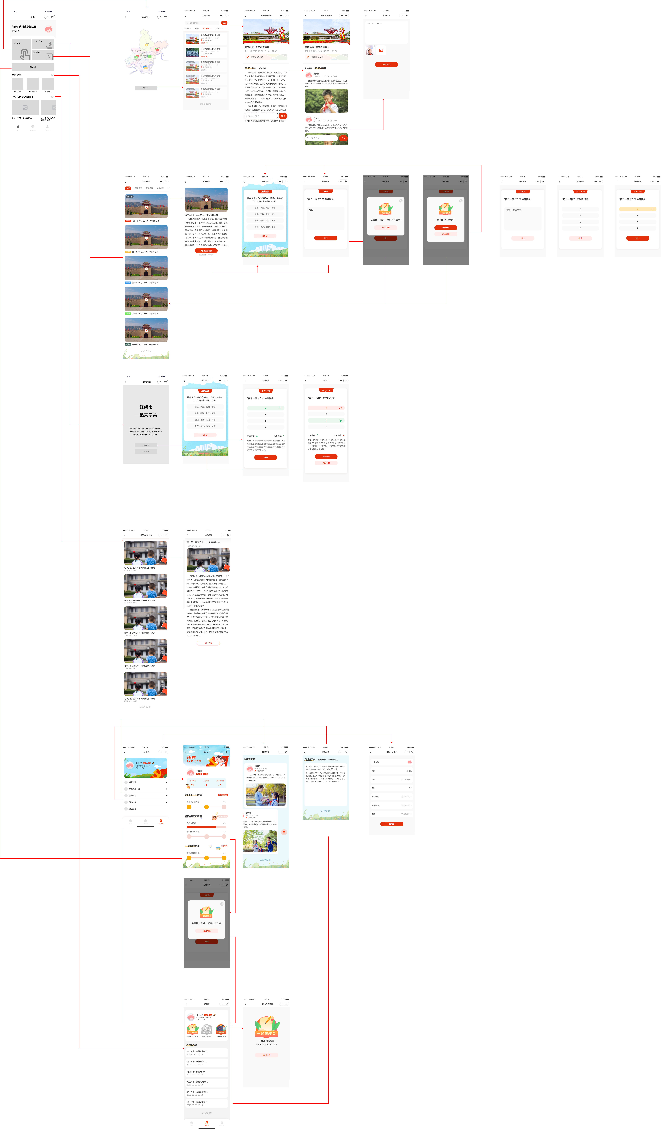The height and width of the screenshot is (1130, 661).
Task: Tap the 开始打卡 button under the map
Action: pos(146,88)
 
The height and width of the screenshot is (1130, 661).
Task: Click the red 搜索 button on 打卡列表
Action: pos(224,23)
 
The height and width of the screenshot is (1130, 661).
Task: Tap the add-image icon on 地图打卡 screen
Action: pos(381,51)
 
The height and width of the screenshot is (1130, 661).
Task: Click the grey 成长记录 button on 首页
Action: pos(33,67)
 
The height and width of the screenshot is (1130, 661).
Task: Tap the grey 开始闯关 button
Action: pos(146,445)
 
